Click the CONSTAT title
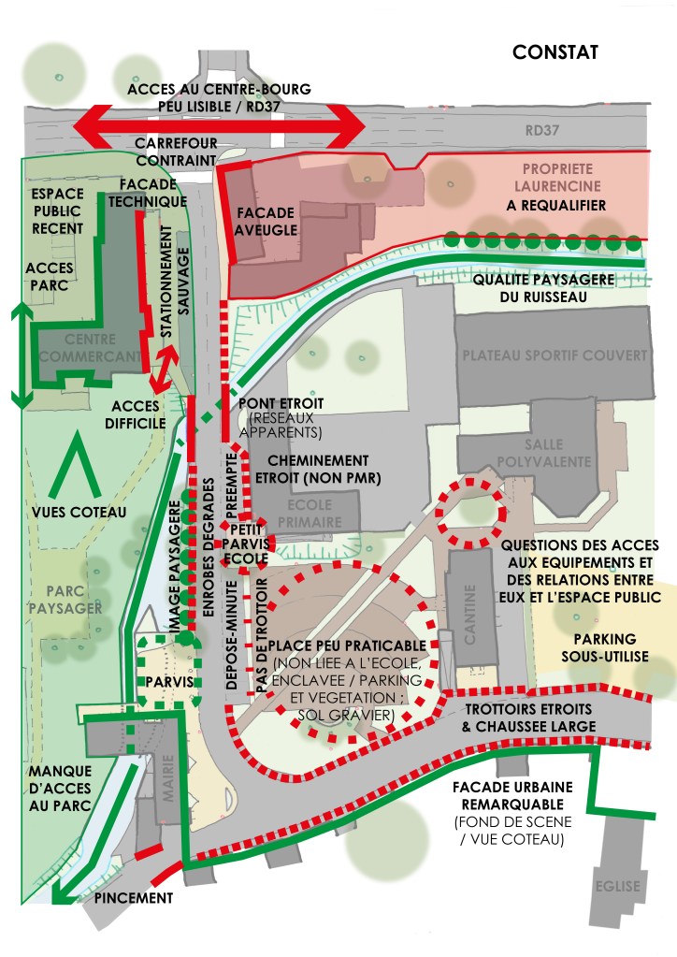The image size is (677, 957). click(x=555, y=52)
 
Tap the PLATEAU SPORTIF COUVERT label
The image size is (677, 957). click(x=554, y=355)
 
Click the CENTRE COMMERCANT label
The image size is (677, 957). click(x=90, y=346)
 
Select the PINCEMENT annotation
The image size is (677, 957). click(x=134, y=897)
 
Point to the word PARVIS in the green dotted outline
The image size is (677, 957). click(x=169, y=681)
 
